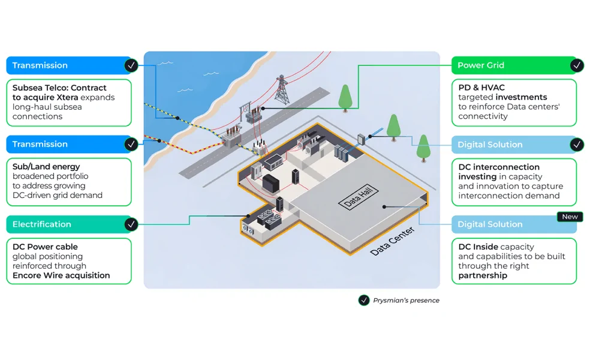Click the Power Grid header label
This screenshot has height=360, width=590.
[x=480, y=65]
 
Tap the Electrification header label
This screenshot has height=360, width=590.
[x=41, y=224]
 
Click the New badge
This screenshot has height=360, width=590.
[x=570, y=217]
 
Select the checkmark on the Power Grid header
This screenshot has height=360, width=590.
[x=576, y=65]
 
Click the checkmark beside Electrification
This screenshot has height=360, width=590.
[x=131, y=224]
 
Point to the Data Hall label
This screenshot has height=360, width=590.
[x=358, y=197]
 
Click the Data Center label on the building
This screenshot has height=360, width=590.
[x=392, y=241]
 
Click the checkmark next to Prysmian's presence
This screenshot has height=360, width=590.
[x=363, y=300]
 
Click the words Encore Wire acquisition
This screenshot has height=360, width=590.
[x=61, y=275]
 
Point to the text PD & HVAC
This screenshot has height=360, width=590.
[x=481, y=88]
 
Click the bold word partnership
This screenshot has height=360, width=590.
[x=483, y=275]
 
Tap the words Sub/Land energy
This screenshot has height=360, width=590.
[x=46, y=166]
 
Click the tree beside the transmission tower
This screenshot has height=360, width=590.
[x=345, y=98]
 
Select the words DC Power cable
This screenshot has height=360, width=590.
[x=45, y=247]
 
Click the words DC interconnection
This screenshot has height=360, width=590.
[x=499, y=167]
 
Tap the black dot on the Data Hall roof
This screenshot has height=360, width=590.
[x=384, y=207]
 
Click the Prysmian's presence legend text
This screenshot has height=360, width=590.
[x=406, y=300]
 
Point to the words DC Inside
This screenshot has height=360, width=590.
[x=478, y=247]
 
